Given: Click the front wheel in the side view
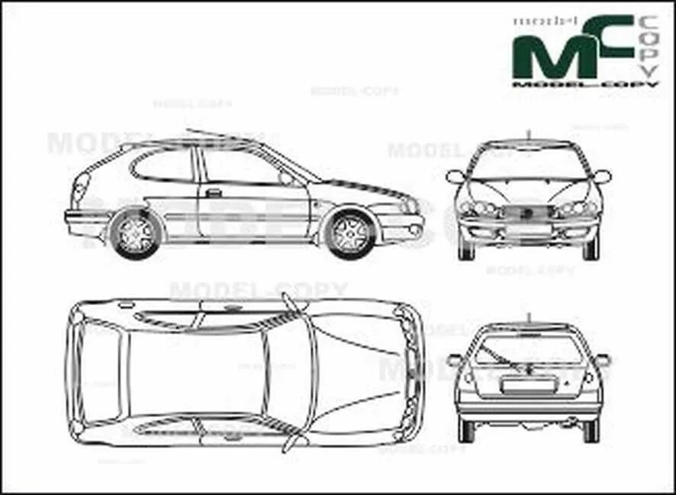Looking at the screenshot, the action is [350, 233].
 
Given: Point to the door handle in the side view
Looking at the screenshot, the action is [214, 193].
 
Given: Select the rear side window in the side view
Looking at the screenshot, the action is [163, 166].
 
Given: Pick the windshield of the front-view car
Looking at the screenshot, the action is [529, 162].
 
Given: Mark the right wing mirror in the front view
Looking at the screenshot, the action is [602, 177].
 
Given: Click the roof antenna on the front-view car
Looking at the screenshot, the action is [529, 136].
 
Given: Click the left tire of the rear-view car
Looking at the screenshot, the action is [466, 430].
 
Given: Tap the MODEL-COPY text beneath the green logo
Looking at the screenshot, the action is [584, 85].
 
